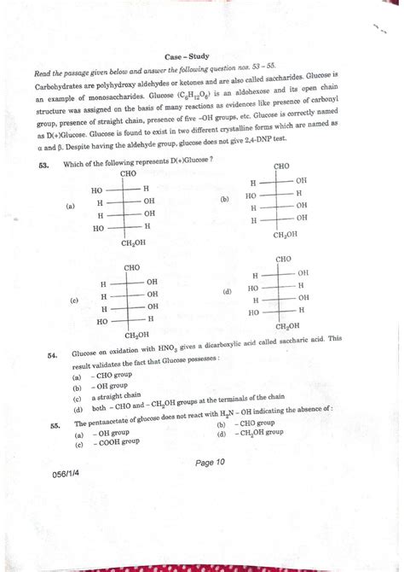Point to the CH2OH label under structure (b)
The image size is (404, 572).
coord(285,233)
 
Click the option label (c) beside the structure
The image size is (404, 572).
coord(74,301)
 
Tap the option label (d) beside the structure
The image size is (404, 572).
coord(227,291)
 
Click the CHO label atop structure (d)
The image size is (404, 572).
coord(284,258)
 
